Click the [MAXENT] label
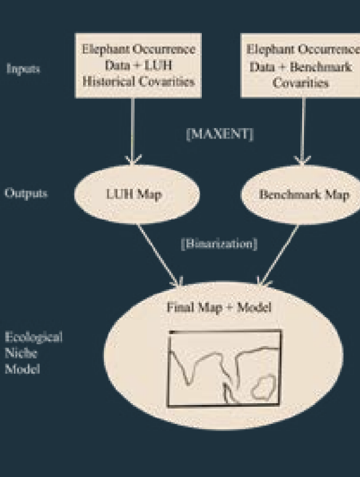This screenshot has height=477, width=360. point(220,134)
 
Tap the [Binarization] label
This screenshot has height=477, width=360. point(219,244)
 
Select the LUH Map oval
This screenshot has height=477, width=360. point(137,194)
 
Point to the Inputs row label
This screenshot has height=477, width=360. point(23,70)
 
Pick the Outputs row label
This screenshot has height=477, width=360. point(26,193)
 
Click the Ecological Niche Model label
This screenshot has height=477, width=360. point(33,353)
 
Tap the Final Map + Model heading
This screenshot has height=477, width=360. point(219,307)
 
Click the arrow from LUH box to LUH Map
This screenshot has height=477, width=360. point(132,132)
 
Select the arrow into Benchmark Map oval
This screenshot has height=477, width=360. point(303,132)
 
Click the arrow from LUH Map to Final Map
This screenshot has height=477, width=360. point(159,255)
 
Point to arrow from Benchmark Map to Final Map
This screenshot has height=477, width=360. point(279,255)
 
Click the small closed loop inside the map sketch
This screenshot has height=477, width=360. point(263,387)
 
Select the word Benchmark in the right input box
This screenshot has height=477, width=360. point(321,67)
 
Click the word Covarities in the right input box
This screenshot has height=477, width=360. point(300,82)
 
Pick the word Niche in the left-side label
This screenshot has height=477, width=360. point(21,353)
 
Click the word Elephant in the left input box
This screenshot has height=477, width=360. point(102,49)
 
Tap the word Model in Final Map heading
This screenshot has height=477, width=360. point(254,307)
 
